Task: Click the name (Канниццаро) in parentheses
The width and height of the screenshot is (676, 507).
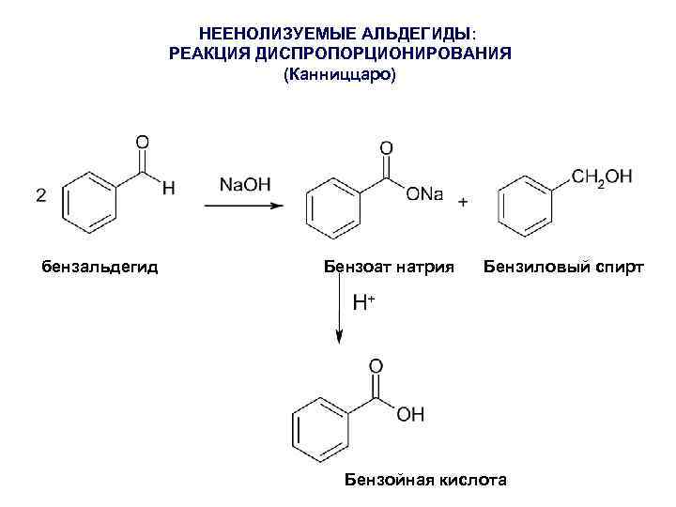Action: pyautogui.click(x=340, y=76)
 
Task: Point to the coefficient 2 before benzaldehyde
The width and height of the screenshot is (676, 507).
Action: pyautogui.click(x=40, y=195)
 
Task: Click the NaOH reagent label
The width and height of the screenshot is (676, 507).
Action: pyautogui.click(x=244, y=184)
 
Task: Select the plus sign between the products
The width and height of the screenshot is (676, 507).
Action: pyautogui.click(x=463, y=202)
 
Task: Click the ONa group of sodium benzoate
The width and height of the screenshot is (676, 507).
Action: pyautogui.click(x=424, y=193)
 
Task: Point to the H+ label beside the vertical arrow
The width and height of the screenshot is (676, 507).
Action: pyautogui.click(x=363, y=302)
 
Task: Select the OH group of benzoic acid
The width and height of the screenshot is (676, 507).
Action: pyautogui.click(x=410, y=414)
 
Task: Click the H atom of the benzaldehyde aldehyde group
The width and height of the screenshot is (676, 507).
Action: pyautogui.click(x=169, y=189)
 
